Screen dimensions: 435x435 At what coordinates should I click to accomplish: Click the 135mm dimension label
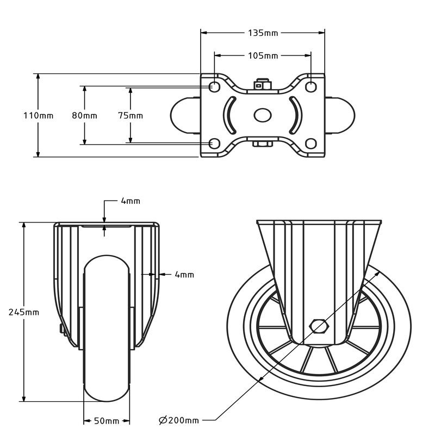click(263, 33)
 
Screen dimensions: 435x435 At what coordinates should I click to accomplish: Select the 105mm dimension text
click(263, 55)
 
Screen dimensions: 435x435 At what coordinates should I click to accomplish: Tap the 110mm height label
click(38, 115)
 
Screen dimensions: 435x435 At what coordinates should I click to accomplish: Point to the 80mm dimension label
click(85, 115)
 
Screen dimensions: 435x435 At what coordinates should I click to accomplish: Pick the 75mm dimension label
click(130, 115)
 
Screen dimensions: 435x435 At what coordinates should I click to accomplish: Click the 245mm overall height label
click(24, 312)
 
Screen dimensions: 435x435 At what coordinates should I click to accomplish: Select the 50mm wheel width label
click(107, 421)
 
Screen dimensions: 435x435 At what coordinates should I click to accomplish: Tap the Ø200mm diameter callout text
click(179, 420)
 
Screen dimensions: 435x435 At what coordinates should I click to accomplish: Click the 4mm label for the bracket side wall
click(184, 275)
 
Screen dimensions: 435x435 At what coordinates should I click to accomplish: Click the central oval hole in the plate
click(263, 115)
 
